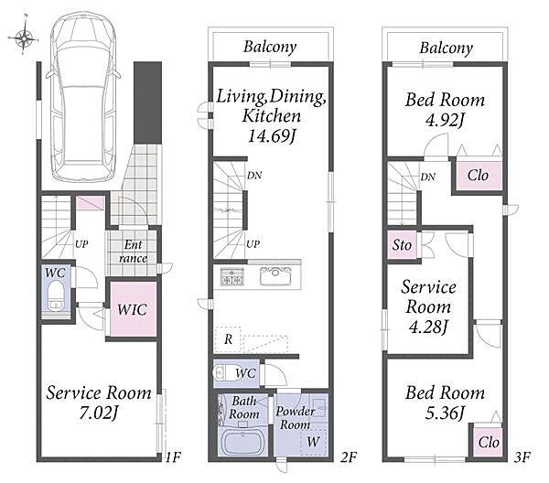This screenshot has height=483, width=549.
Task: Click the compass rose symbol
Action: [x=23, y=37]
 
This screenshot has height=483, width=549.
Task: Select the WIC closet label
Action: [x=132, y=309]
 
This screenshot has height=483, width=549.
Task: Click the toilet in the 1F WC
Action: [x=56, y=295]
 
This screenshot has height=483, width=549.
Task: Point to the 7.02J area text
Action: [x=98, y=413]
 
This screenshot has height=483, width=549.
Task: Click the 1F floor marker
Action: [x=173, y=457]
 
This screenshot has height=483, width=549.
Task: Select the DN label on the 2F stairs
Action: [x=254, y=176]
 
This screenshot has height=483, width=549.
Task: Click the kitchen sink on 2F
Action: [x=275, y=275]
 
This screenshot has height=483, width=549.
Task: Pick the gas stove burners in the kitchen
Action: [x=231, y=275]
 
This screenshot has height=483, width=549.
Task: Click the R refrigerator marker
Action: [x=228, y=338]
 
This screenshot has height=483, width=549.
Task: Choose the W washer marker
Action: [x=313, y=441]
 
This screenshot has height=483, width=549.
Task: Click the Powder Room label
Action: [x=295, y=418]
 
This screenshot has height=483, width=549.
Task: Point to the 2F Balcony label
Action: [x=270, y=47]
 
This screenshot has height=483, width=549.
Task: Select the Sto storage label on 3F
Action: [x=402, y=245]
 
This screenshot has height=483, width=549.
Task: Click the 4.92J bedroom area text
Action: [x=445, y=121]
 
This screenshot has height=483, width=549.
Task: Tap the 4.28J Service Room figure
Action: [x=428, y=327]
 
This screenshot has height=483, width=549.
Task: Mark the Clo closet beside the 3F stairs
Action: [x=478, y=175]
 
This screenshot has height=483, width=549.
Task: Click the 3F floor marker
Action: [x=522, y=457]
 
